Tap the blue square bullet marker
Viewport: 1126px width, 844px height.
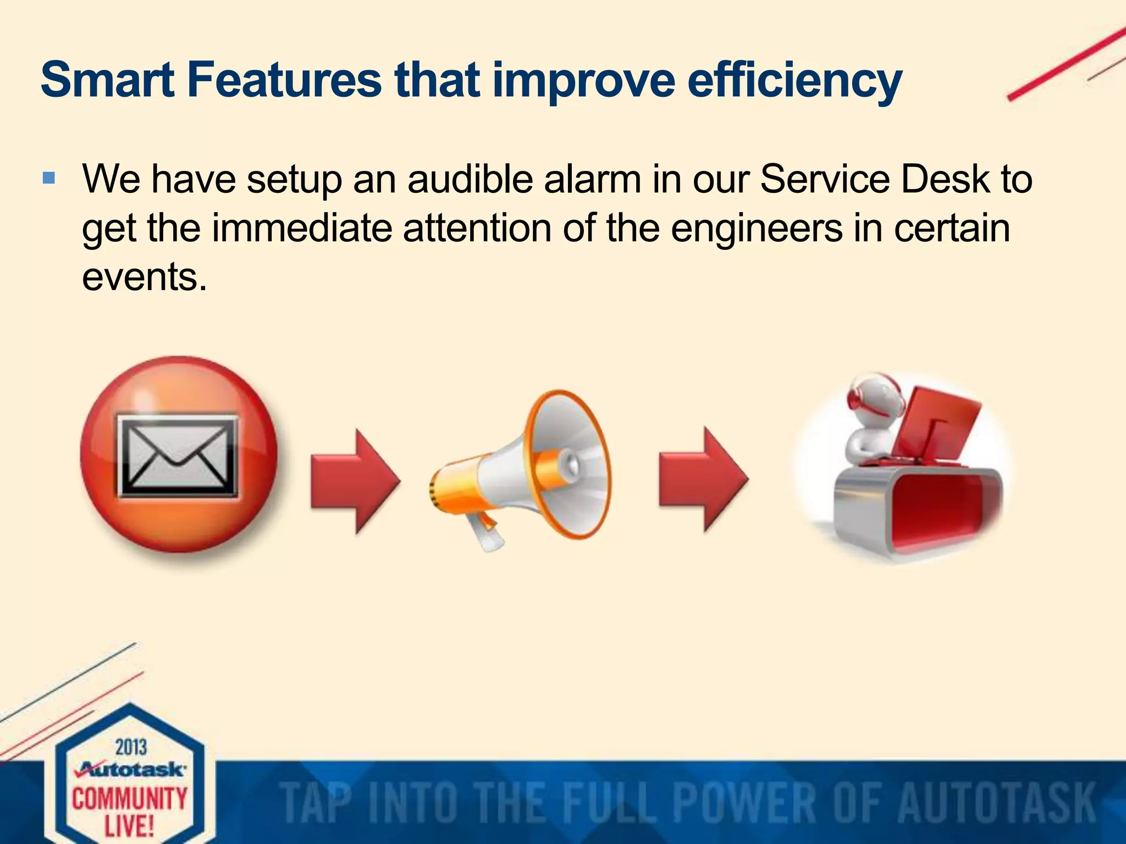click(49, 178)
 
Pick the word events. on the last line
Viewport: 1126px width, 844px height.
click(145, 276)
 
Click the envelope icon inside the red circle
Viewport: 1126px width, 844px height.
click(178, 456)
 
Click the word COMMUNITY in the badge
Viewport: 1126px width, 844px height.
click(130, 798)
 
